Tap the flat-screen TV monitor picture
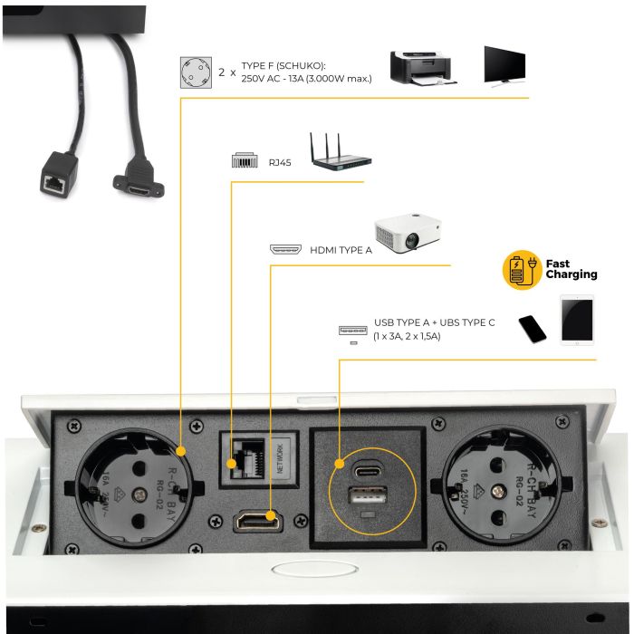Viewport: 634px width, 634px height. pyautogui.click(x=508, y=65)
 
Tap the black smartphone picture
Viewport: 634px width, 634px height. pyautogui.click(x=533, y=329)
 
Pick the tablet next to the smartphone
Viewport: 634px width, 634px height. pyautogui.click(x=578, y=321)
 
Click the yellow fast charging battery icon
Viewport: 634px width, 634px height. pyautogui.click(x=520, y=270)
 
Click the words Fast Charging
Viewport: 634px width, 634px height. pyautogui.click(x=570, y=269)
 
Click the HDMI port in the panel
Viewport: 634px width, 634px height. pyautogui.click(x=259, y=522)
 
